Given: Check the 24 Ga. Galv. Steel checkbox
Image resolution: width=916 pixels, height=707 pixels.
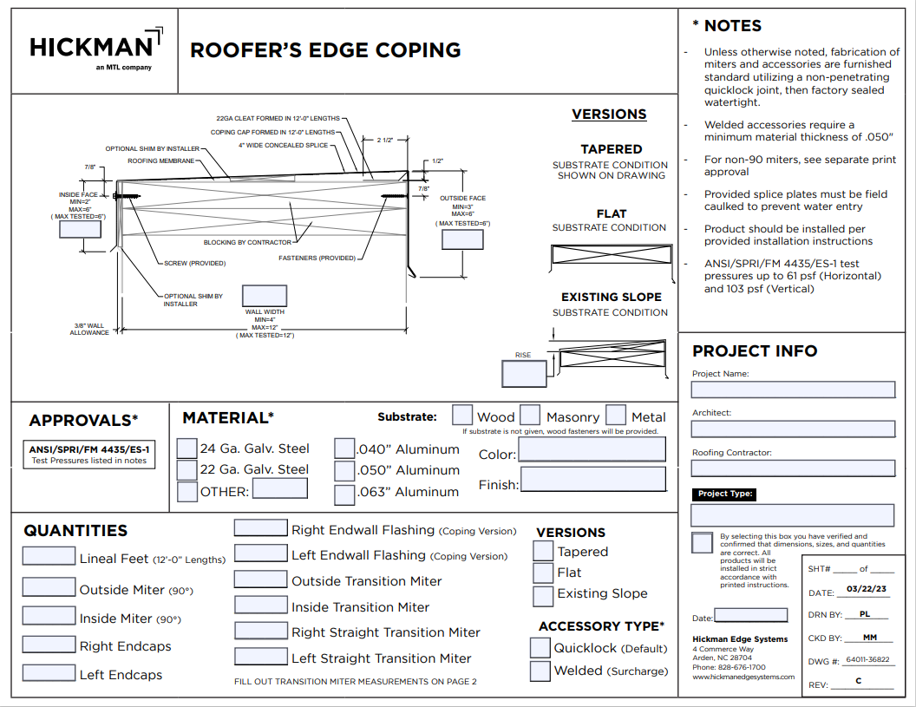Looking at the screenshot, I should [186, 448].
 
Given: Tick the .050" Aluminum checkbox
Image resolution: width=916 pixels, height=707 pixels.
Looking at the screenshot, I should [345, 470].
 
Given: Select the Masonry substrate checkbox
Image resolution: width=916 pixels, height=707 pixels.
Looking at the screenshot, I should [530, 416].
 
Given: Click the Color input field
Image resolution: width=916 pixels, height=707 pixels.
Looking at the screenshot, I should [592, 449].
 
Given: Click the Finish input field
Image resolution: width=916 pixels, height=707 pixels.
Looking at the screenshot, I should [593, 479].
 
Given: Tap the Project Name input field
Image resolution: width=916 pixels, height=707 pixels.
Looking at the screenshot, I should [793, 390].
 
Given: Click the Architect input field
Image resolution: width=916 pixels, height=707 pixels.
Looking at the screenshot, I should [793, 429].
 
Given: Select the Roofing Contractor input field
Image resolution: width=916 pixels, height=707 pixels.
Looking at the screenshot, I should [793, 468].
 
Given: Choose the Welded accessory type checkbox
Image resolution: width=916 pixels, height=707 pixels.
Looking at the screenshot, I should [540, 671].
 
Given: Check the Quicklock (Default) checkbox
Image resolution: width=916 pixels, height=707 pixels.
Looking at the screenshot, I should [540, 647].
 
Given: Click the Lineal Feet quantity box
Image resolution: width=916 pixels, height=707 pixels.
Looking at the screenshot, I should [49, 557].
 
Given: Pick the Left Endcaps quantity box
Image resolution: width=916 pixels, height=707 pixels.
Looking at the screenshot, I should [49, 672].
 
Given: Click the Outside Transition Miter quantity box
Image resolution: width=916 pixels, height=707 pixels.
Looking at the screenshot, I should [260, 579].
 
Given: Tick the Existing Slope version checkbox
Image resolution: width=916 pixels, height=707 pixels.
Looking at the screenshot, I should [543, 596].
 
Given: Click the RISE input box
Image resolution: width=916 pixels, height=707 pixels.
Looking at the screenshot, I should [524, 373].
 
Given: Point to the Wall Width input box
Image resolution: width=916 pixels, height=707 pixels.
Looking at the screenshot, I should [265, 296].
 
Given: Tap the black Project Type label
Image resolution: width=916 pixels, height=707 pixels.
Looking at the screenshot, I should [726, 494].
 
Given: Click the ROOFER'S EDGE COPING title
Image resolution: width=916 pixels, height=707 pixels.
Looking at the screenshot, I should [325, 50].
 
